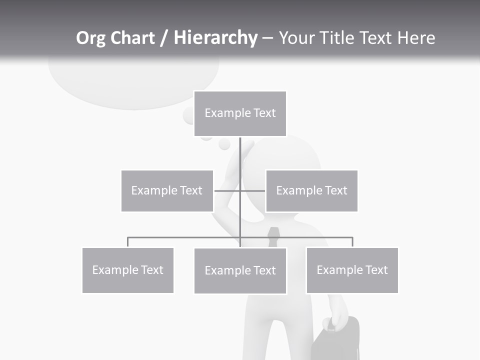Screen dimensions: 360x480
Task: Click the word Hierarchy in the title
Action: [x=215, y=38]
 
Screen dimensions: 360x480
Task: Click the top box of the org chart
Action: [x=240, y=113]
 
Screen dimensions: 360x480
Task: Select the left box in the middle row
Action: [x=167, y=190]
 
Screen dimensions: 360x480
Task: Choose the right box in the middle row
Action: [x=311, y=190]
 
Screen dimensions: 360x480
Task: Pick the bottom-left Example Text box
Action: [x=127, y=270]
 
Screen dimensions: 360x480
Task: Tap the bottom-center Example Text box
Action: [x=240, y=270]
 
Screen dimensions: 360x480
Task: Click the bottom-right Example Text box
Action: [x=352, y=270]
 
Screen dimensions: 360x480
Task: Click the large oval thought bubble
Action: [x=133, y=80]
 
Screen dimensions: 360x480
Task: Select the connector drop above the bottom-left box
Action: [x=128, y=242]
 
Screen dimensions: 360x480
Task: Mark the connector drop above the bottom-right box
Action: [x=352, y=242]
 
